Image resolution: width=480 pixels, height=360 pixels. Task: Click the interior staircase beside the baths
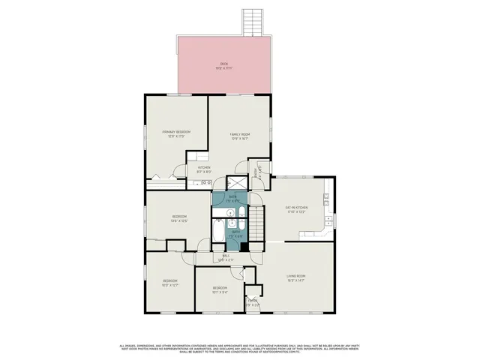click(x=257, y=223)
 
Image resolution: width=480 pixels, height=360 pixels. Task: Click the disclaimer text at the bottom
click(x=239, y=348)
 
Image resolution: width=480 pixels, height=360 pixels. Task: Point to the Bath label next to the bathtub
click(x=235, y=233)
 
